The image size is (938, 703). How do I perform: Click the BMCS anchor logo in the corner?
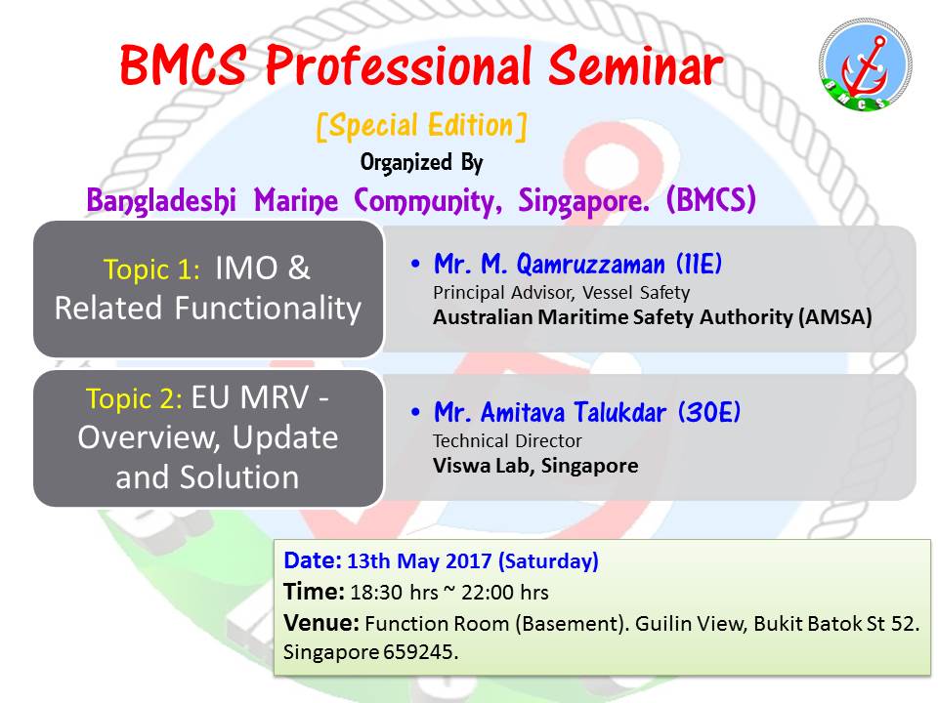pos(865,64)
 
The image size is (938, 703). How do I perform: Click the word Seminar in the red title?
pos(636,65)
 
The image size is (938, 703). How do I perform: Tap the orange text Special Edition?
pos(422,126)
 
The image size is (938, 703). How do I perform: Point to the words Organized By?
pos(421,163)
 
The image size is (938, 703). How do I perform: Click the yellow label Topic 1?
pos(151,269)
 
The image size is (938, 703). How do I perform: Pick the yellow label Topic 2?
pos(134,398)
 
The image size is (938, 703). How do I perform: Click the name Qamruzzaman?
pos(590,264)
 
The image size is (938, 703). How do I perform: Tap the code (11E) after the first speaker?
pos(699,264)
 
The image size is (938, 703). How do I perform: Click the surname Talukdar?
pos(619,412)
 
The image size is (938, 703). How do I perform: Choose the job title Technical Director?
pos(507,441)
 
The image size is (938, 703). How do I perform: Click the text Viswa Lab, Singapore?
pos(535,466)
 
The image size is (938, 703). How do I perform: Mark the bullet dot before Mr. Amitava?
pos(416,412)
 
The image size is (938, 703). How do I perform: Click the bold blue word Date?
pos(313,560)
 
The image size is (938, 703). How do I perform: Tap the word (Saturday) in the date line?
pos(548,561)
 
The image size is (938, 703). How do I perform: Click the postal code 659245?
pos(420,651)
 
